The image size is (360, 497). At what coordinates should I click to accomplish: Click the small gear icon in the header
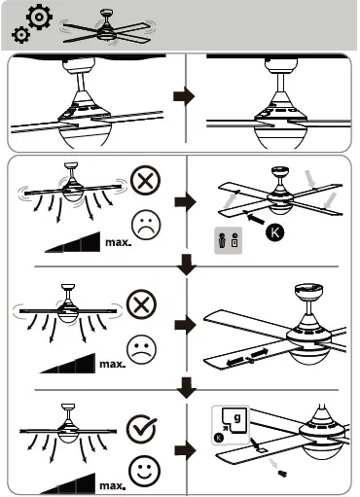18,35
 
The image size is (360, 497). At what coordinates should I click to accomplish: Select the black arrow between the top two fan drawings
182,98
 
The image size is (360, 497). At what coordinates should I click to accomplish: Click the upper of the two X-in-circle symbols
143,182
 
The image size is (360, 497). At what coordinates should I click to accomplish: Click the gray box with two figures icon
227,240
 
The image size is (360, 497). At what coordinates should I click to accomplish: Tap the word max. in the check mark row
110,483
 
